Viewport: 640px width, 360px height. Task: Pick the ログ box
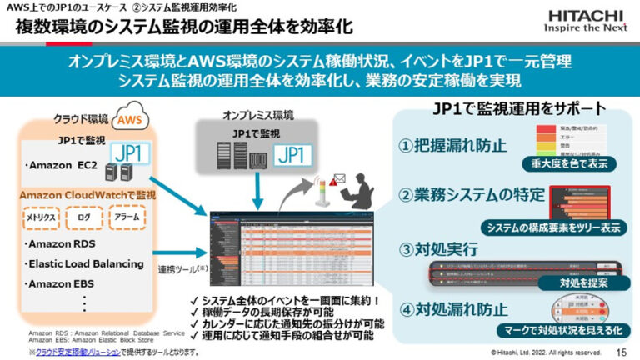click(83, 217)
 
